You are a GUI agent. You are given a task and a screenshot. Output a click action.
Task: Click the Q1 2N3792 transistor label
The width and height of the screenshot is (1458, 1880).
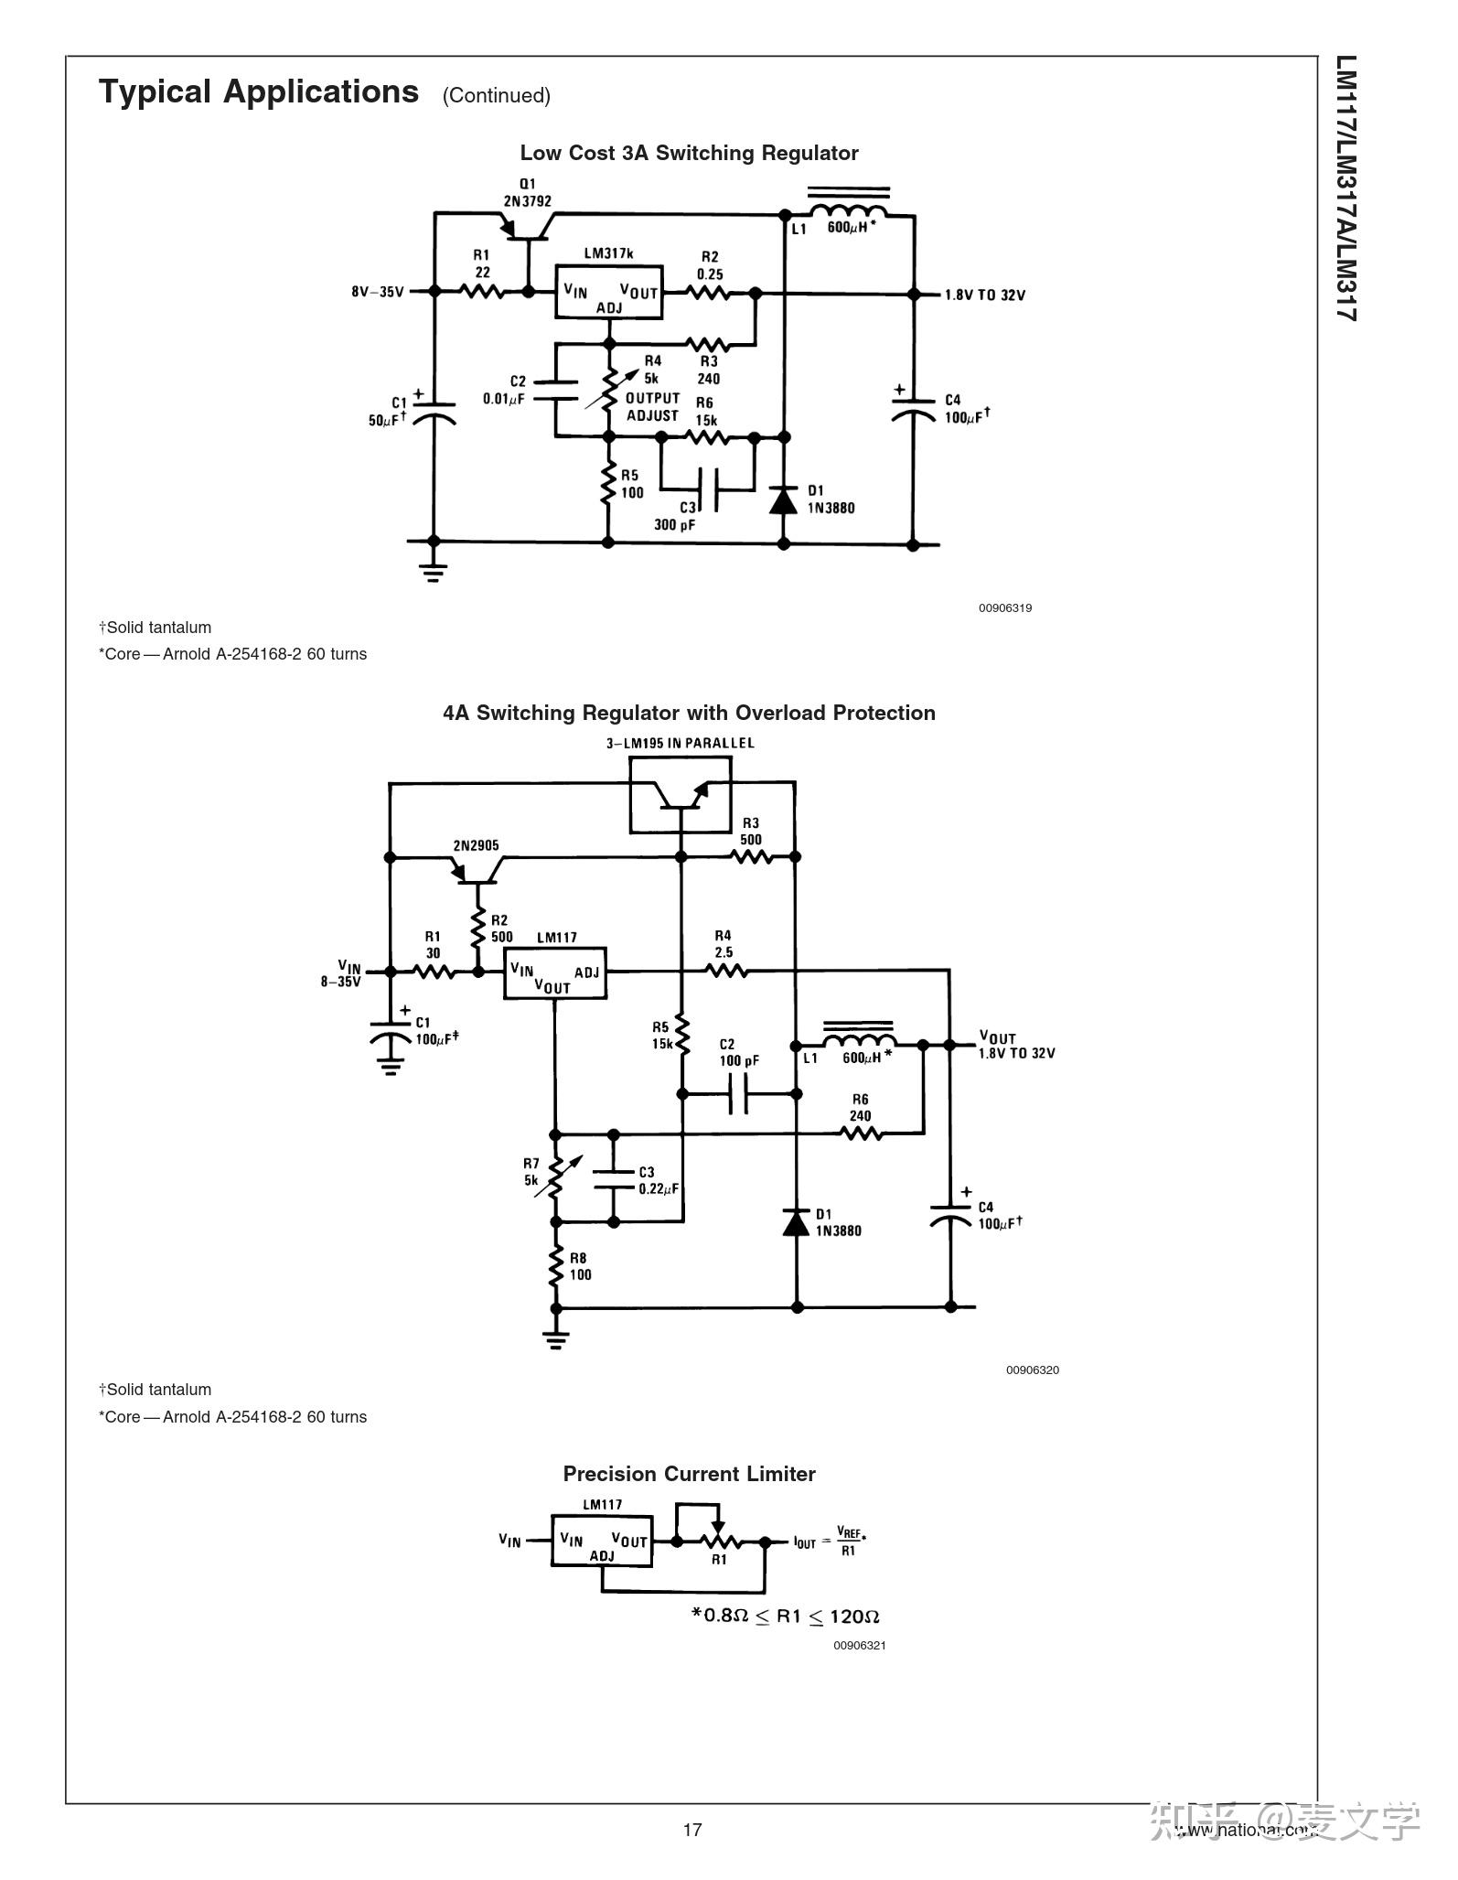[527, 193]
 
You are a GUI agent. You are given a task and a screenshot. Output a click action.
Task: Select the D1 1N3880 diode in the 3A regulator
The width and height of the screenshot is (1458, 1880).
[783, 500]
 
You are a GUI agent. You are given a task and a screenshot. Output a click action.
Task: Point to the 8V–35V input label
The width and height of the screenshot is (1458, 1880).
[377, 292]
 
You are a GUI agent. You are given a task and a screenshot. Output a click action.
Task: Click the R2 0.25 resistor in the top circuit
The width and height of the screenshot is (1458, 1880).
[709, 293]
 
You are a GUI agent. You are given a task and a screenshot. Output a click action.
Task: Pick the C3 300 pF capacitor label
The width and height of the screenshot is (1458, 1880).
[676, 517]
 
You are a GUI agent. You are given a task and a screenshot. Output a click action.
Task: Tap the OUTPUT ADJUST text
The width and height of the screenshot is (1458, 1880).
[652, 406]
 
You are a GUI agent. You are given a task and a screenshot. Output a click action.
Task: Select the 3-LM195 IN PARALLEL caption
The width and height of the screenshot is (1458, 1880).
[680, 743]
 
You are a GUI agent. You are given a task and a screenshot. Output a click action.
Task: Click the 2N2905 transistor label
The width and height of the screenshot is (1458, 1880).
[476, 845]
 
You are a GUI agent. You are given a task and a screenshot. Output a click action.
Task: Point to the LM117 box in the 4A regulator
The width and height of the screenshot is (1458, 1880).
[555, 972]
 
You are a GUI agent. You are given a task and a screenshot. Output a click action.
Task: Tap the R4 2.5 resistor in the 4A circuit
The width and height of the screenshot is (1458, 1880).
[726, 971]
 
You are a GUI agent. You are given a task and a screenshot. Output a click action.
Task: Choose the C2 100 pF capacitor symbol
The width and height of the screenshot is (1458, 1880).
[739, 1093]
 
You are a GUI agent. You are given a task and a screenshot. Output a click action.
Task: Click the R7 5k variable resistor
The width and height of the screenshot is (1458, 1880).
[555, 1177]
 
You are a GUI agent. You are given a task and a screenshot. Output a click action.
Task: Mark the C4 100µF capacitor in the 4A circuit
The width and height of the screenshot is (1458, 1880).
[950, 1216]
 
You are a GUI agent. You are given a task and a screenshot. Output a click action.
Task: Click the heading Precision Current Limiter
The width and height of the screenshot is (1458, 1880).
[689, 1474]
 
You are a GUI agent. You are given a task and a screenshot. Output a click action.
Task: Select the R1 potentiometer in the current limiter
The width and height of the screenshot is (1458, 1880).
[719, 1542]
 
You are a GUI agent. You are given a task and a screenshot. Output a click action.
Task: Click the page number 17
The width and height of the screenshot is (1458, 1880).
[692, 1829]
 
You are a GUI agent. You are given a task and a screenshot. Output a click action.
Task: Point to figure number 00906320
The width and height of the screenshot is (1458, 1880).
[1033, 1370]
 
